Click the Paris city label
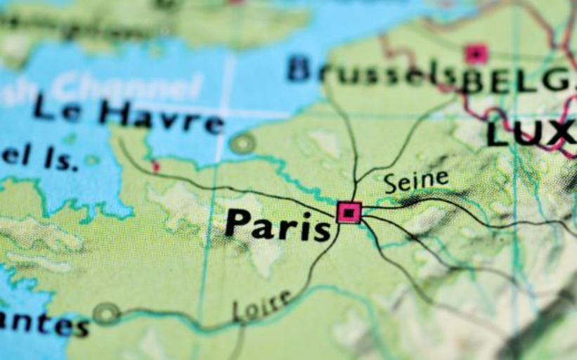[x=277, y=224]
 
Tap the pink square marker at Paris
[x=349, y=212]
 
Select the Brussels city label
[x=372, y=72]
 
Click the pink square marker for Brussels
[x=476, y=53]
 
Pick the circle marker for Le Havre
[x=242, y=143]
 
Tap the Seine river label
[x=416, y=181]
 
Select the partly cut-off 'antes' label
[x=44, y=324]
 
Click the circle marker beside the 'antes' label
[x=106, y=314]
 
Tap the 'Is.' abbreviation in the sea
[x=61, y=160]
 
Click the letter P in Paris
[x=238, y=223]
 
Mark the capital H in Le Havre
[x=115, y=112]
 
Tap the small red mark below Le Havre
[x=155, y=167]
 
